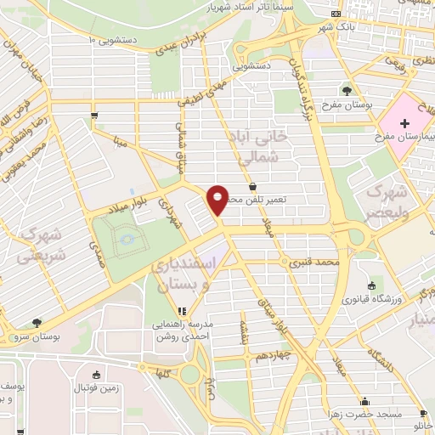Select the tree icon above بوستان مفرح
tap(346, 89)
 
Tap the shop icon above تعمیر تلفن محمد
tap(252, 187)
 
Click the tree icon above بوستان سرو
tap(36, 323)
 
